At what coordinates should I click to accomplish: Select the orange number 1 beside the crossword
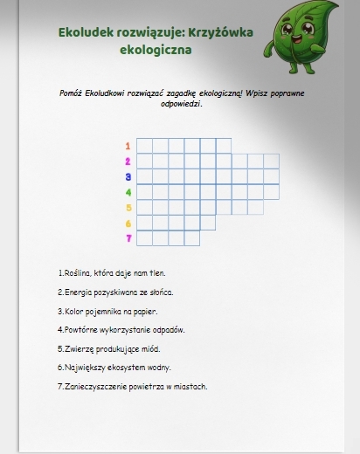pyautogui.click(x=128, y=146)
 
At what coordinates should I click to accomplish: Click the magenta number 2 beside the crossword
pyautogui.click(x=128, y=162)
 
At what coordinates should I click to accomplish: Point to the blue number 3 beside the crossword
pyautogui.click(x=128, y=176)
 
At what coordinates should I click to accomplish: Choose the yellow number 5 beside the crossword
pyautogui.click(x=128, y=207)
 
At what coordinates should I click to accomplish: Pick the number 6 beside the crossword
pyautogui.click(x=128, y=223)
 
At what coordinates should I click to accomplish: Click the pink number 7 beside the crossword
pyautogui.click(x=128, y=237)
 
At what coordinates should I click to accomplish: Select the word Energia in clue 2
pyautogui.click(x=77, y=292)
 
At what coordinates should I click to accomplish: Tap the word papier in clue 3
pyautogui.click(x=145, y=311)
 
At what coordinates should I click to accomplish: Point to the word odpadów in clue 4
pyautogui.click(x=170, y=330)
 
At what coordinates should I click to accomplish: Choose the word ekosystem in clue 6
pyautogui.click(x=128, y=368)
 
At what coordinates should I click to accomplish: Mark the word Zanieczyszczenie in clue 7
pyautogui.click(x=92, y=386)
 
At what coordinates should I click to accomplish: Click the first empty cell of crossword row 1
pyautogui.click(x=144, y=146)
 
